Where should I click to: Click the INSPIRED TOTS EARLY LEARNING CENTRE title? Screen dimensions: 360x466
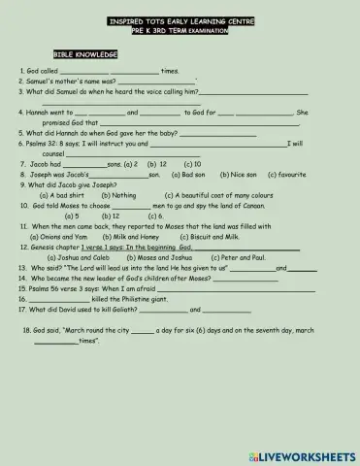click(x=180, y=20)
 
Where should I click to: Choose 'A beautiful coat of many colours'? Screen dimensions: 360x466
click(x=210, y=195)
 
